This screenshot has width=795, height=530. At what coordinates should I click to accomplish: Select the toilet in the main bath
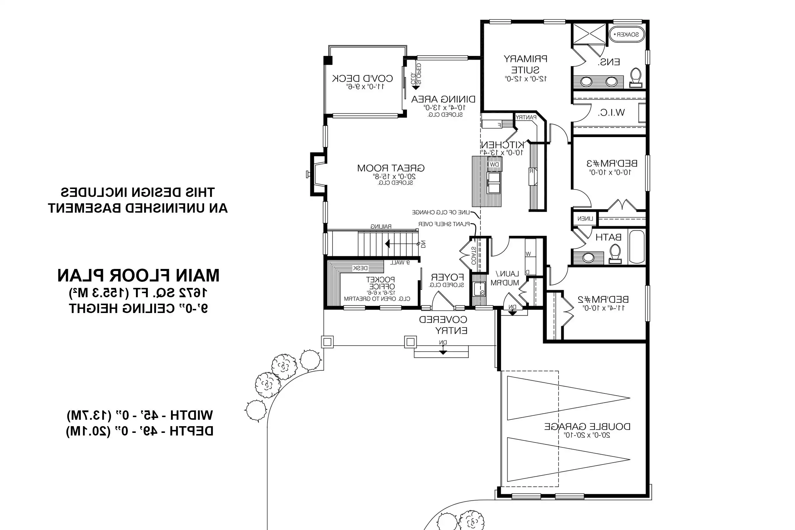(615, 253)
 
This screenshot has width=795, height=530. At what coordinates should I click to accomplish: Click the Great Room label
(391, 168)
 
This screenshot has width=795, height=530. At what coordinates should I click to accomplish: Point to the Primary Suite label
(525, 64)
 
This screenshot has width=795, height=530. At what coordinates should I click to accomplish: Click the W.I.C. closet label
(611, 113)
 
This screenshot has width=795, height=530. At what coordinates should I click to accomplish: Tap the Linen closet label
(585, 219)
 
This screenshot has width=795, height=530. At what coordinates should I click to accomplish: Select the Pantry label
(526, 117)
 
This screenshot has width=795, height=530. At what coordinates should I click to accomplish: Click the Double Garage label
(587, 426)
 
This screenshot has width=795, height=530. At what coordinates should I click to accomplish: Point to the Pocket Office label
(380, 283)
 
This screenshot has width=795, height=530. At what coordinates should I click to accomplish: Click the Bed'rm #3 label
(612, 164)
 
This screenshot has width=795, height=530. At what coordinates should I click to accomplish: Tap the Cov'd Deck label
(362, 79)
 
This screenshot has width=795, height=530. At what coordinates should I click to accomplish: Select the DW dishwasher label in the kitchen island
(495, 164)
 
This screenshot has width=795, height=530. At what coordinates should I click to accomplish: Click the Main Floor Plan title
(138, 275)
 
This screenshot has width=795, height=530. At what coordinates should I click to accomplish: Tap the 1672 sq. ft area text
(138, 293)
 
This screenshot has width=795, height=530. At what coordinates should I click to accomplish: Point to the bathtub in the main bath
(637, 247)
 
